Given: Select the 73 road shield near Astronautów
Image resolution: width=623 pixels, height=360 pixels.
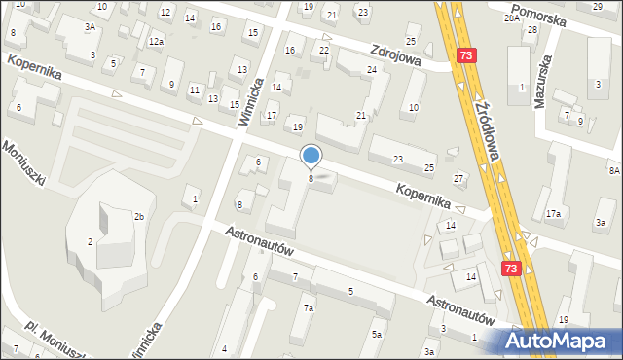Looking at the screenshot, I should (512, 267).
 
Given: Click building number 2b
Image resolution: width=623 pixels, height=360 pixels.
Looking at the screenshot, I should (139, 216).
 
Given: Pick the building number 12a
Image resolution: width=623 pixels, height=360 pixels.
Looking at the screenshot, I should (156, 42).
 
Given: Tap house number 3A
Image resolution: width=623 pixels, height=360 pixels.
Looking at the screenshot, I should (90, 27).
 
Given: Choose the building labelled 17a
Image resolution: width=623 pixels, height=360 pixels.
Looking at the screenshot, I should (553, 213).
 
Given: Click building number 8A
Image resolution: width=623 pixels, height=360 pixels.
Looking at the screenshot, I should (614, 170).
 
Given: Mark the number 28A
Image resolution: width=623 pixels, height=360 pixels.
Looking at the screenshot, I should (510, 18).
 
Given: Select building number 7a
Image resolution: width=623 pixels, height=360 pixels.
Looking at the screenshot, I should (308, 308).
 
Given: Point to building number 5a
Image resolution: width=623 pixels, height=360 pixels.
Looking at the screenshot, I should (376, 335).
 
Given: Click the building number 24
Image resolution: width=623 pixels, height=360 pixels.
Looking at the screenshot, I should (372, 70).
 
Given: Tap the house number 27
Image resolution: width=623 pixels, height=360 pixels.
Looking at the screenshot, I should (458, 178).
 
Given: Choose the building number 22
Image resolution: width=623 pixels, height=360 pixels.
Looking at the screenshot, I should (324, 50).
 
